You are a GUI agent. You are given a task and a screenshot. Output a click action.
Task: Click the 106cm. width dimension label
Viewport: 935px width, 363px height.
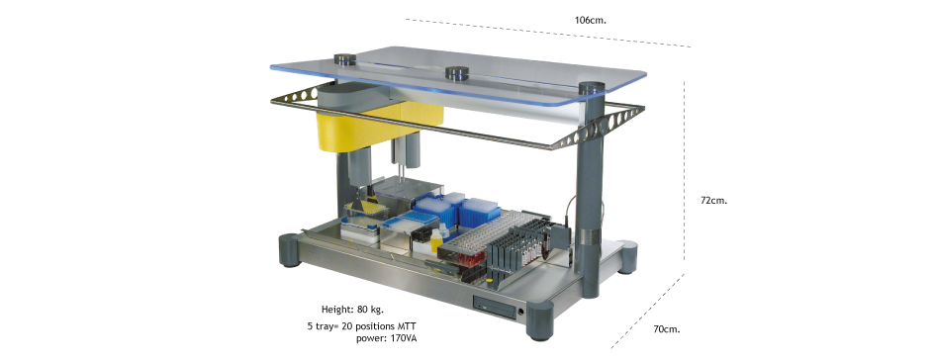tap(591, 20)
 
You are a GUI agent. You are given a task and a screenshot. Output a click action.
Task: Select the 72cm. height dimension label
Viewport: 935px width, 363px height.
tap(713, 200)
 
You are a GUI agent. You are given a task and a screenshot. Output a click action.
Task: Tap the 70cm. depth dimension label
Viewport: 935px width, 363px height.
tap(667, 329)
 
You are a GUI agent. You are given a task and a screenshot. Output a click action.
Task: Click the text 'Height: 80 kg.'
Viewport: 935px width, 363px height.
tap(352, 310)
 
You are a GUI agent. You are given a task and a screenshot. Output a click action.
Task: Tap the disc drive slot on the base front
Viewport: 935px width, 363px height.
tap(495, 306)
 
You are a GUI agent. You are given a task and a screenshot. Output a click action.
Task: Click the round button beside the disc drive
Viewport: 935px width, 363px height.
tap(522, 312)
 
